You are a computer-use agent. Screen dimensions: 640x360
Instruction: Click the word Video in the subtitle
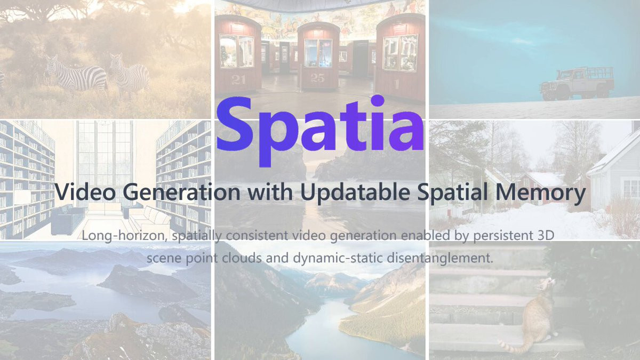(85, 192)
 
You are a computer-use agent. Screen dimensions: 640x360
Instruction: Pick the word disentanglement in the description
(440, 258)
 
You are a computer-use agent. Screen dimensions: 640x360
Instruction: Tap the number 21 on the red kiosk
(238, 80)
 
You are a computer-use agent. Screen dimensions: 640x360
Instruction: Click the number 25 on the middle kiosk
(317, 78)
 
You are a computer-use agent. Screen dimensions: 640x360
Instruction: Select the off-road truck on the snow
(577, 83)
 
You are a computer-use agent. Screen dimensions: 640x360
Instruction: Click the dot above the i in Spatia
(378, 101)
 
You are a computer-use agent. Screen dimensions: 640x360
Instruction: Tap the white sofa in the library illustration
(150, 219)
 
